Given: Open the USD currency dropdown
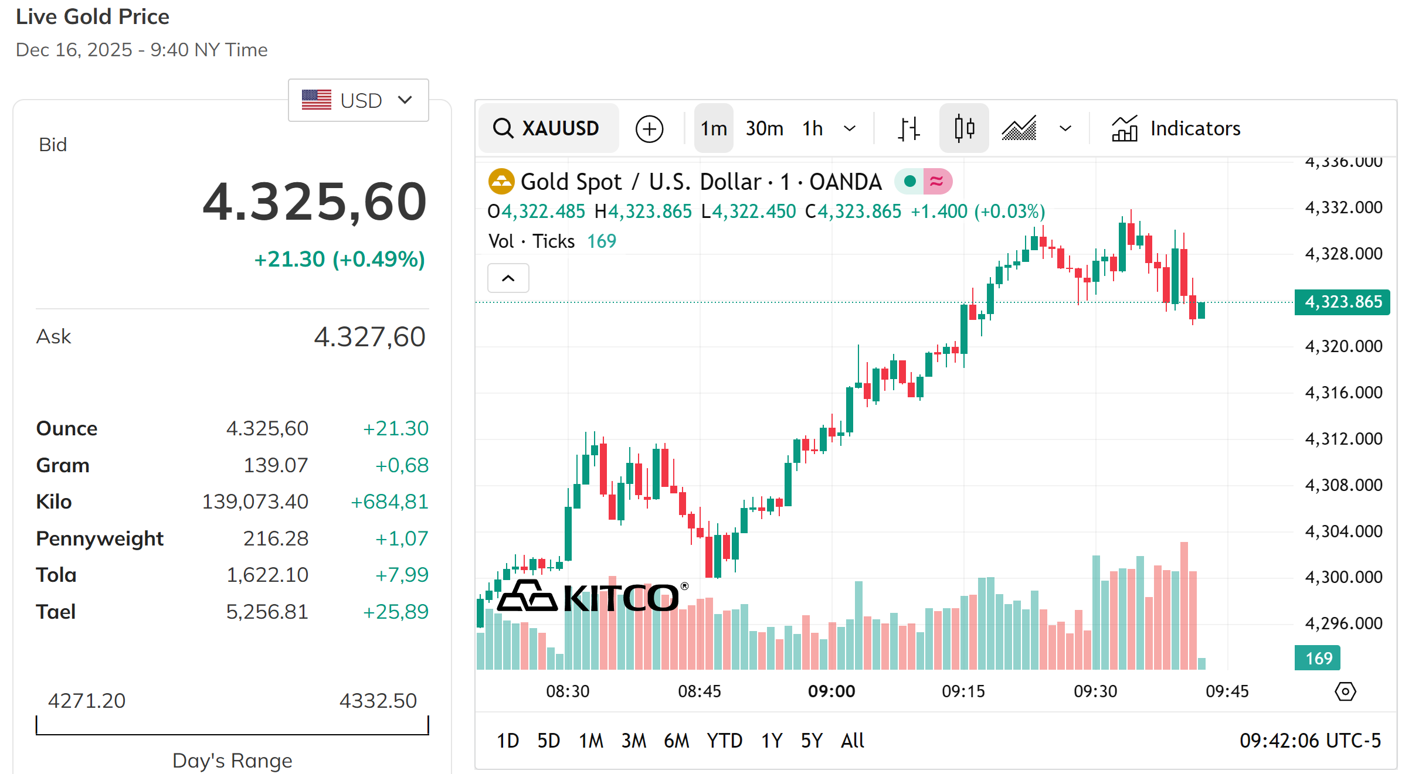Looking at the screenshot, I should pos(358,100).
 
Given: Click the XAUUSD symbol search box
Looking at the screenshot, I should pos(548,128).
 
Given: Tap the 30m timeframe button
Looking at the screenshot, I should pos(764,128).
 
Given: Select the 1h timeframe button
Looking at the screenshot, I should pos(812,128).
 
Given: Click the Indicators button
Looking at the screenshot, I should pos(1176,128).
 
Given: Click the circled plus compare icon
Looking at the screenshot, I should pos(649,129).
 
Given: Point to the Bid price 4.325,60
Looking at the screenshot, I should pos(314,202).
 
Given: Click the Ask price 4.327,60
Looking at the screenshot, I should pos(369,337).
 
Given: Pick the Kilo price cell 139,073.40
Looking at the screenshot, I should pos(255,502).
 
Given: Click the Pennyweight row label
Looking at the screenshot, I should pos(100,538).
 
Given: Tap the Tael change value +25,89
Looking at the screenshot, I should pos(396,612).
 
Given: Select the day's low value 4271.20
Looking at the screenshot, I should pos(87,701).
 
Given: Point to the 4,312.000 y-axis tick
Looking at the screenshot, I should pos(1343,439).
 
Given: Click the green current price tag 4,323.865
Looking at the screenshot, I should pos(1342,302).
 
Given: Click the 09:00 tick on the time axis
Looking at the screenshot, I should pos(831,691).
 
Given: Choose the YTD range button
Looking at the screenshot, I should pos(724,741).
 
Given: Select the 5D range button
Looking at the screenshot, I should pos(548,741).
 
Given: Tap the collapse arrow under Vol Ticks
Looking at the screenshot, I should pos(508,278).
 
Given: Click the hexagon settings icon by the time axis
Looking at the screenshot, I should pos(1345,691).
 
